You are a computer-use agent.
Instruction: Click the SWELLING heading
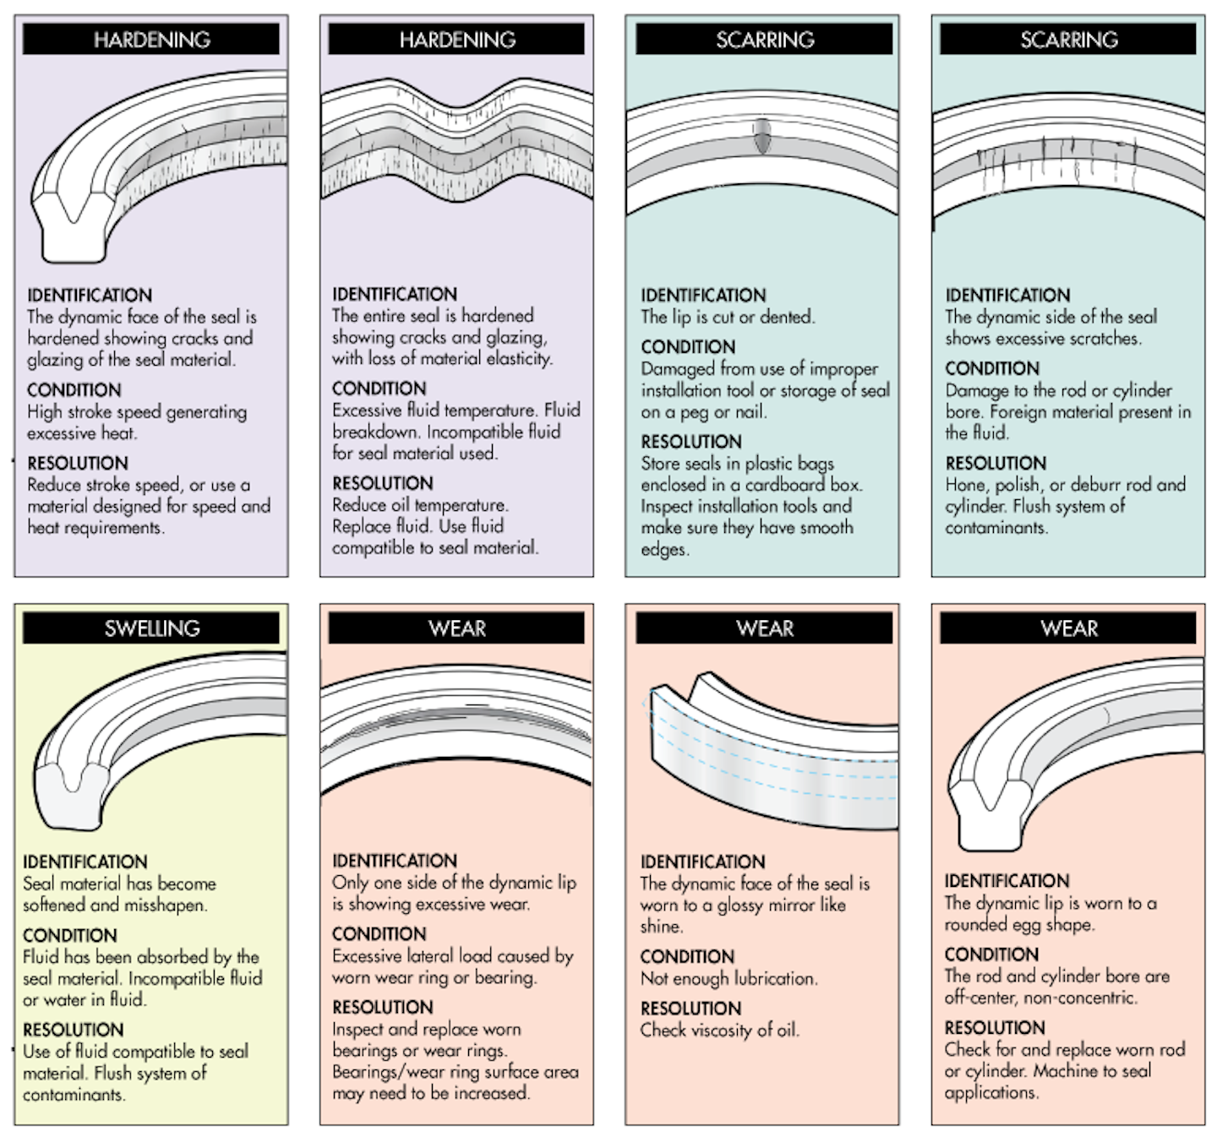point(151,628)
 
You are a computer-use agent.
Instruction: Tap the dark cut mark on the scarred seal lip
point(762,135)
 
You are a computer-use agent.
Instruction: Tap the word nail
point(750,412)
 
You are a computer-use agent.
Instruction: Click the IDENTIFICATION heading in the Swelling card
point(85,862)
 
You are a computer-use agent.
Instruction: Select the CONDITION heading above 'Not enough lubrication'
point(687,956)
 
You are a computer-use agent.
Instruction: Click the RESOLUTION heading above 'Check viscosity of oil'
point(690,1008)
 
